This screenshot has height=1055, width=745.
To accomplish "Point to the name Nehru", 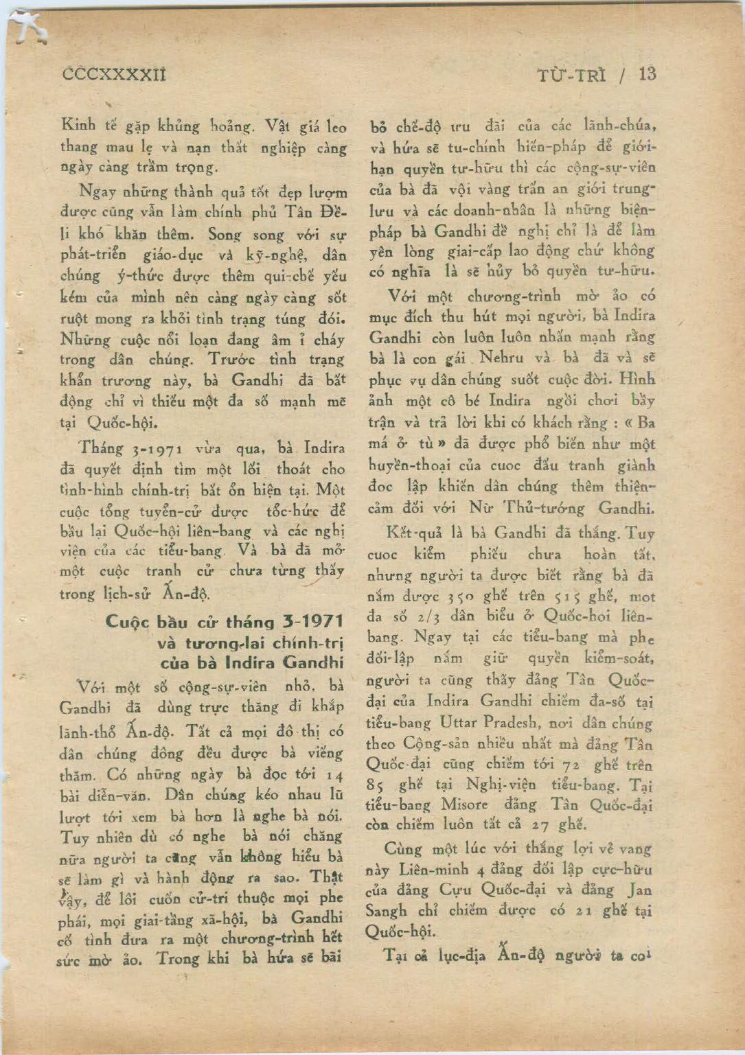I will tap(501, 358).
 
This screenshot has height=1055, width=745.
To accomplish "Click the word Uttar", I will tap(456, 723).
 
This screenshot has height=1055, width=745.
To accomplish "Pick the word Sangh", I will tap(390, 912).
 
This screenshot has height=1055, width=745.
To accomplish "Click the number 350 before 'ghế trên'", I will tap(450, 596).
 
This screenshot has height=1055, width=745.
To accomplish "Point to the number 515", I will tap(575, 596).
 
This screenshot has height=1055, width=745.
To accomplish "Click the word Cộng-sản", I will tap(433, 744).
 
